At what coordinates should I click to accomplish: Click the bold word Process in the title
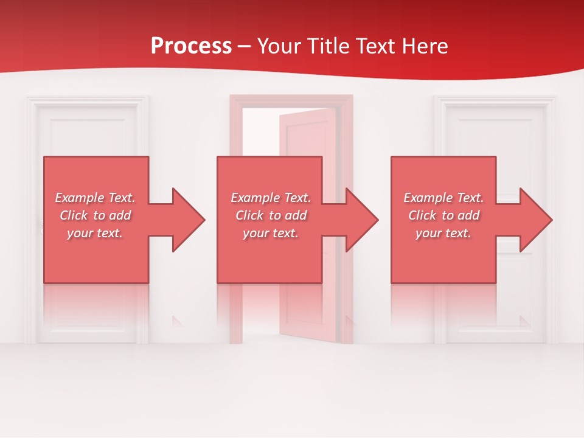[191, 46]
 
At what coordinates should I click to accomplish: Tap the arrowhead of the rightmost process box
[535, 220]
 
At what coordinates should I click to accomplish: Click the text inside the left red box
[95, 215]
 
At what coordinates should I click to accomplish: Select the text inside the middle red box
[270, 215]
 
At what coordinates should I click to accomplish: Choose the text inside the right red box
[443, 215]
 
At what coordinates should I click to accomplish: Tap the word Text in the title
[375, 46]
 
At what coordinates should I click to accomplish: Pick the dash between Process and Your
[244, 47]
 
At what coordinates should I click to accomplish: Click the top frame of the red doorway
[291, 101]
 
